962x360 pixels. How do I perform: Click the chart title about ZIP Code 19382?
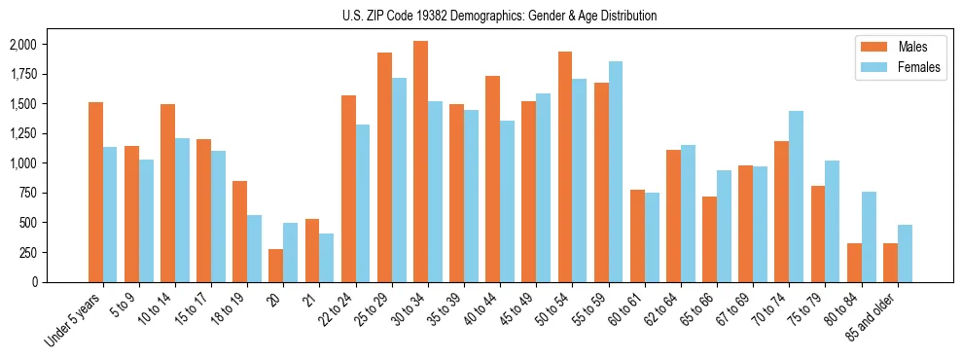point(500,16)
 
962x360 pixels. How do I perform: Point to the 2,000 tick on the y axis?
point(23,45)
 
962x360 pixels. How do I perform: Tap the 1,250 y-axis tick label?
point(23,133)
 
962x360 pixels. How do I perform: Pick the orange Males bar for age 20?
point(276,266)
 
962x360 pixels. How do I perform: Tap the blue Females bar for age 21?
point(327,258)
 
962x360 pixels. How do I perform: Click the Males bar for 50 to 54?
point(564,166)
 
